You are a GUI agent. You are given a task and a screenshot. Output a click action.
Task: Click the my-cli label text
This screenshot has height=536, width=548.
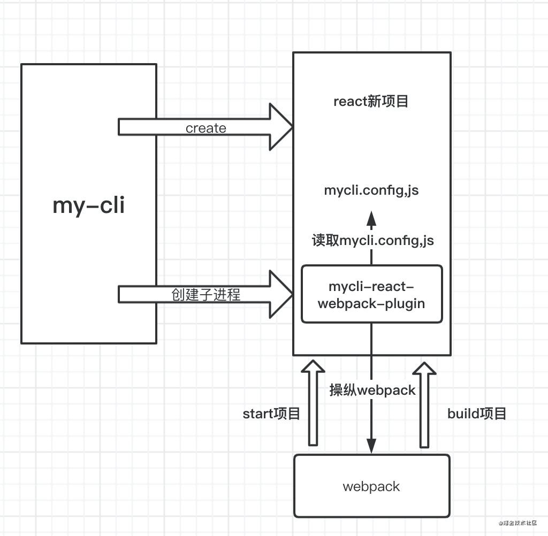[89, 205]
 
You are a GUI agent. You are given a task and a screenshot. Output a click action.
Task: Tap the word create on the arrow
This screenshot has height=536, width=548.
[206, 128]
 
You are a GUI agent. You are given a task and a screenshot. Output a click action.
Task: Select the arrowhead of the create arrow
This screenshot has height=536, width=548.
[280, 127]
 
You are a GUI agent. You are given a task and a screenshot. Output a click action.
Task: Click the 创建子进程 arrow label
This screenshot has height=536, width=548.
[206, 295]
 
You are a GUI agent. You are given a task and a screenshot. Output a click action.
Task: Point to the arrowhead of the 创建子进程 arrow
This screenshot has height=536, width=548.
[280, 294]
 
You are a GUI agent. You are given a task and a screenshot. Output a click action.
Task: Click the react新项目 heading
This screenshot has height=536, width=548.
[371, 101]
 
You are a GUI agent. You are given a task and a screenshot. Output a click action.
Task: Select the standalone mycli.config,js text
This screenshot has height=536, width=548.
[371, 190]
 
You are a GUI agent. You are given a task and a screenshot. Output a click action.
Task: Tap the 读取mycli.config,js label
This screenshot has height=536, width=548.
[373, 240]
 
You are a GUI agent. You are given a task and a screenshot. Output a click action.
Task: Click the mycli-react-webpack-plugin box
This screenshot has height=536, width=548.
[371, 294]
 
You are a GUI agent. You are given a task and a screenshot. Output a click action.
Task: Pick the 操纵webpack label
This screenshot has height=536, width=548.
[372, 390]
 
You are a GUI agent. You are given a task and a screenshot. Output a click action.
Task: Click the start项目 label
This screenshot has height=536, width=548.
[271, 414]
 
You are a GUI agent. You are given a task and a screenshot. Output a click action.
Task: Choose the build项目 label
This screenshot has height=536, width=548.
[477, 414]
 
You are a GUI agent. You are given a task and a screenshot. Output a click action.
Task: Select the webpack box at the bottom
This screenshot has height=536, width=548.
[371, 486]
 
